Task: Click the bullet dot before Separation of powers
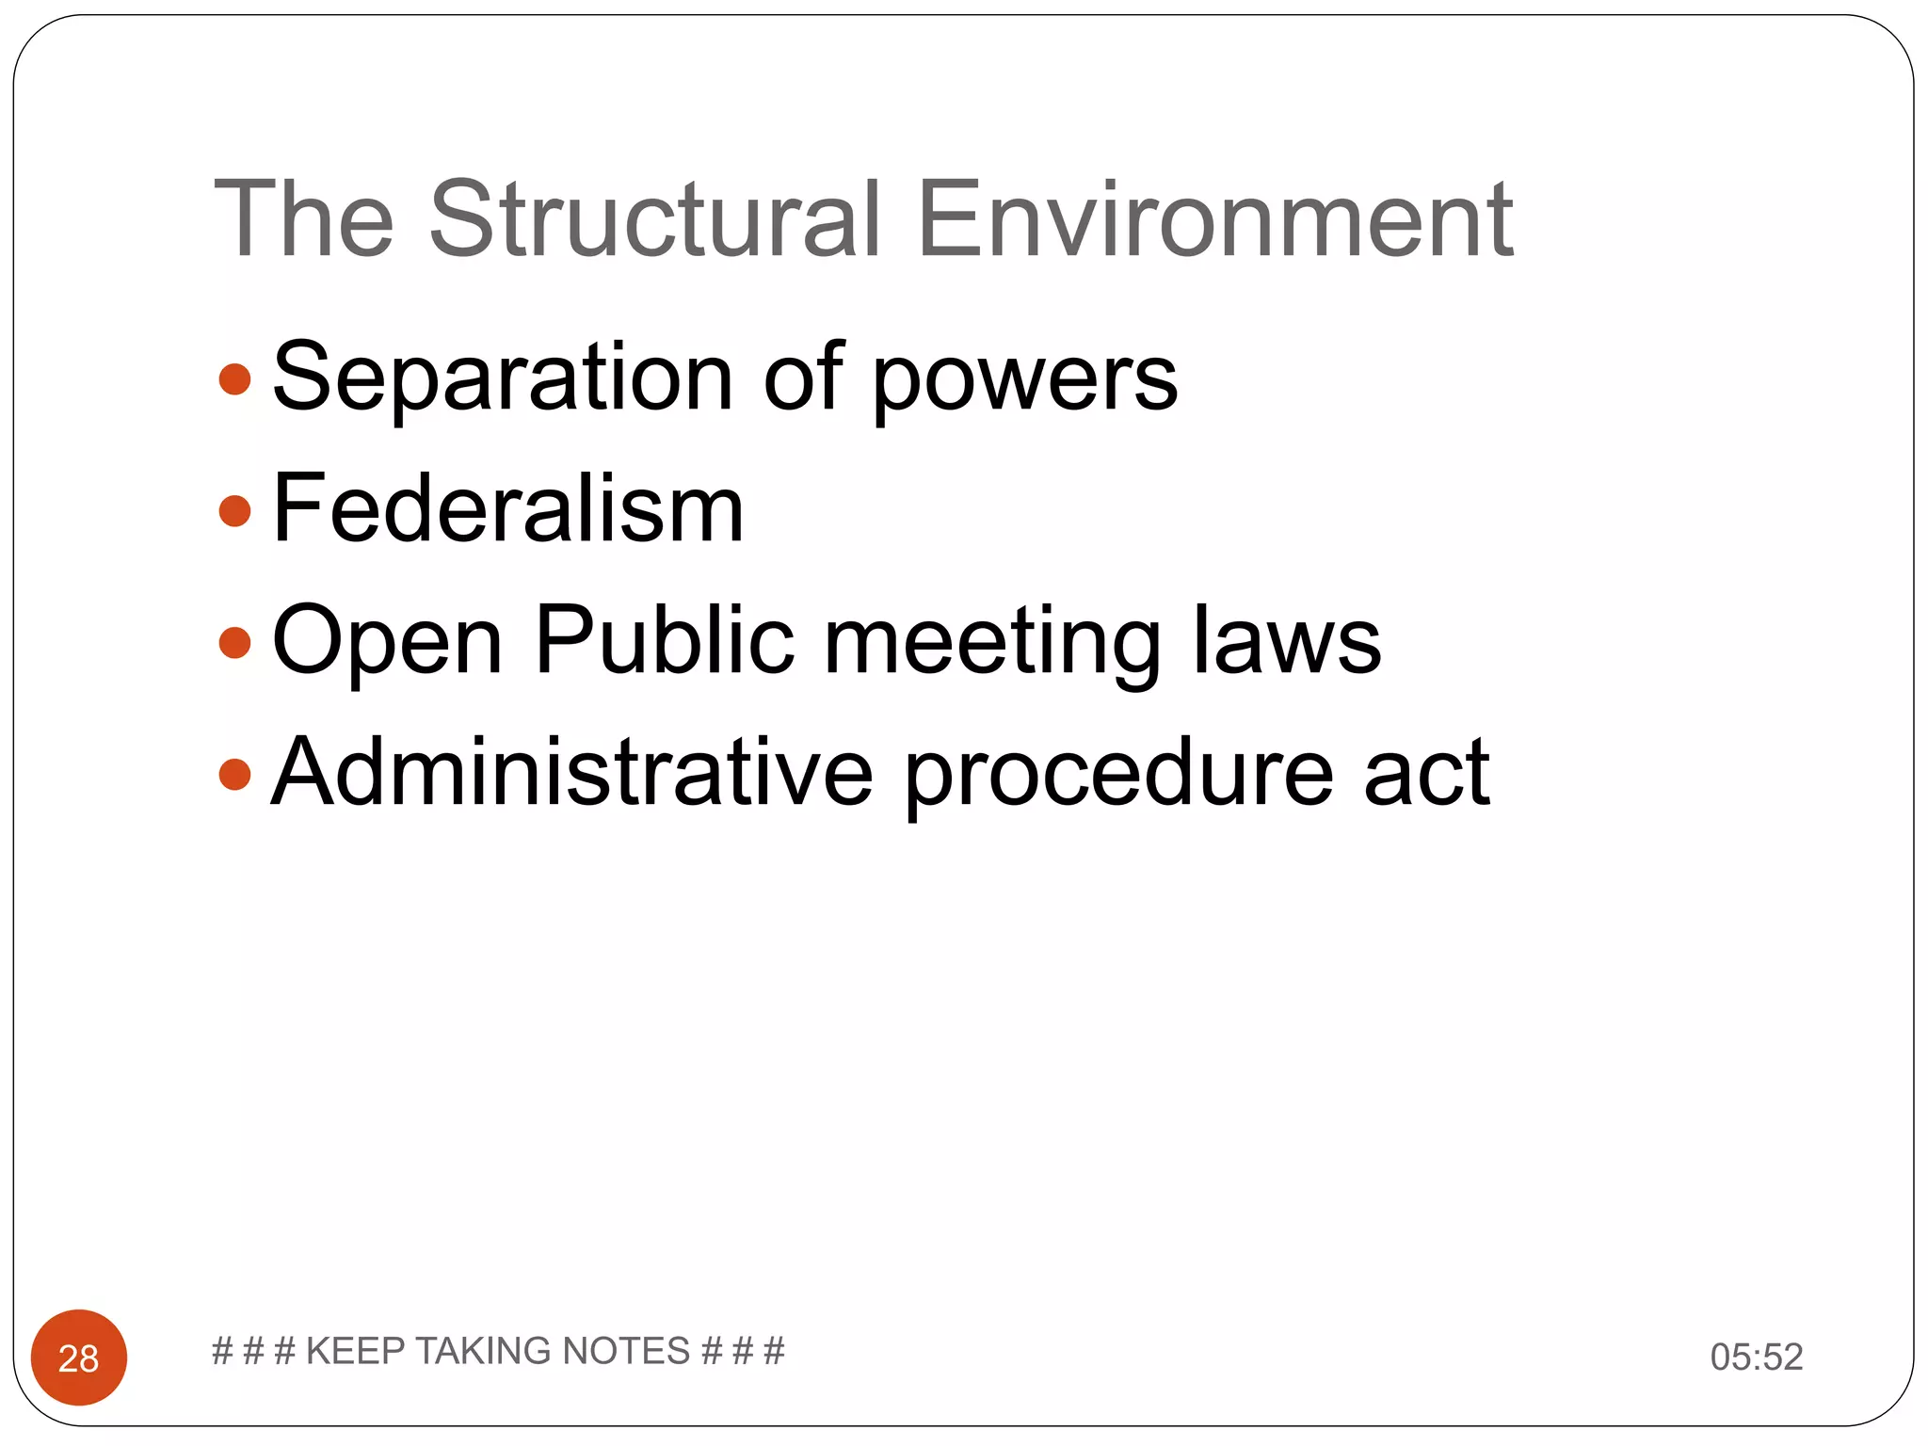(x=234, y=380)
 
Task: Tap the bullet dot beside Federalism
(x=234, y=511)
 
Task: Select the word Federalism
(x=508, y=509)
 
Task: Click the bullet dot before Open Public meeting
(x=234, y=643)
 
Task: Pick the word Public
(x=665, y=640)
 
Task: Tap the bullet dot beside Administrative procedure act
(x=234, y=775)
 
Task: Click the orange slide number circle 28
(x=79, y=1358)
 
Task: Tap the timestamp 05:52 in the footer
(x=1757, y=1357)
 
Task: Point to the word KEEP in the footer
(x=355, y=1351)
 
